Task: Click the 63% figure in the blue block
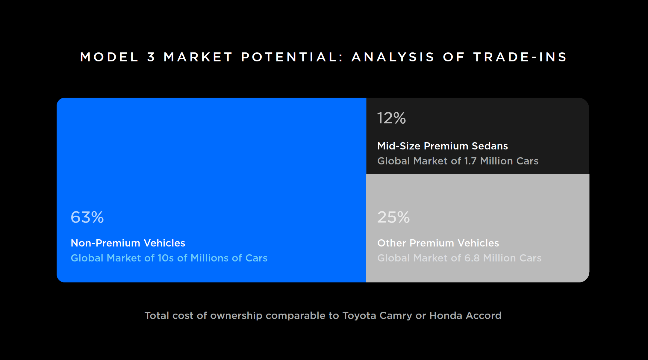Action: [87, 217]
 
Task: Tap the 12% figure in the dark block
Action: [391, 118]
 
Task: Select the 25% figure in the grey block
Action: [393, 217]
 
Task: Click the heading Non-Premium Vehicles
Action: [128, 243]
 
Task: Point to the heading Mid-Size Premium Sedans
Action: [443, 146]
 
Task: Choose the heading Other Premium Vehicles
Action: [438, 243]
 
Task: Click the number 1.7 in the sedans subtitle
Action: [470, 161]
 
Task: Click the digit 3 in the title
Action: [151, 57]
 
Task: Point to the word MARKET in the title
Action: [198, 57]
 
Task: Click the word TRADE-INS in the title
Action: [520, 57]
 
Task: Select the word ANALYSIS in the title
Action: [393, 57]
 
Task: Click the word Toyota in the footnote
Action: [359, 316]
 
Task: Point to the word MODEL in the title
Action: [109, 57]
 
